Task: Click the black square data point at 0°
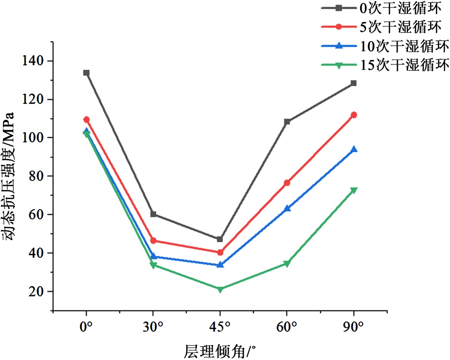86,73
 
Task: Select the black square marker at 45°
220,239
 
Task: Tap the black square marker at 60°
287,122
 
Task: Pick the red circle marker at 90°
354,115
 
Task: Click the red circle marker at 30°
153,241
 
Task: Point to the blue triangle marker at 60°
287,208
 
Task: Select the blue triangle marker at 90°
354,149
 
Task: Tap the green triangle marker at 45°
220,289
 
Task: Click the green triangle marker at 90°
354,190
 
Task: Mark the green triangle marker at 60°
287,264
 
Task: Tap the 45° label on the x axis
220,327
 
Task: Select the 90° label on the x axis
354,327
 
